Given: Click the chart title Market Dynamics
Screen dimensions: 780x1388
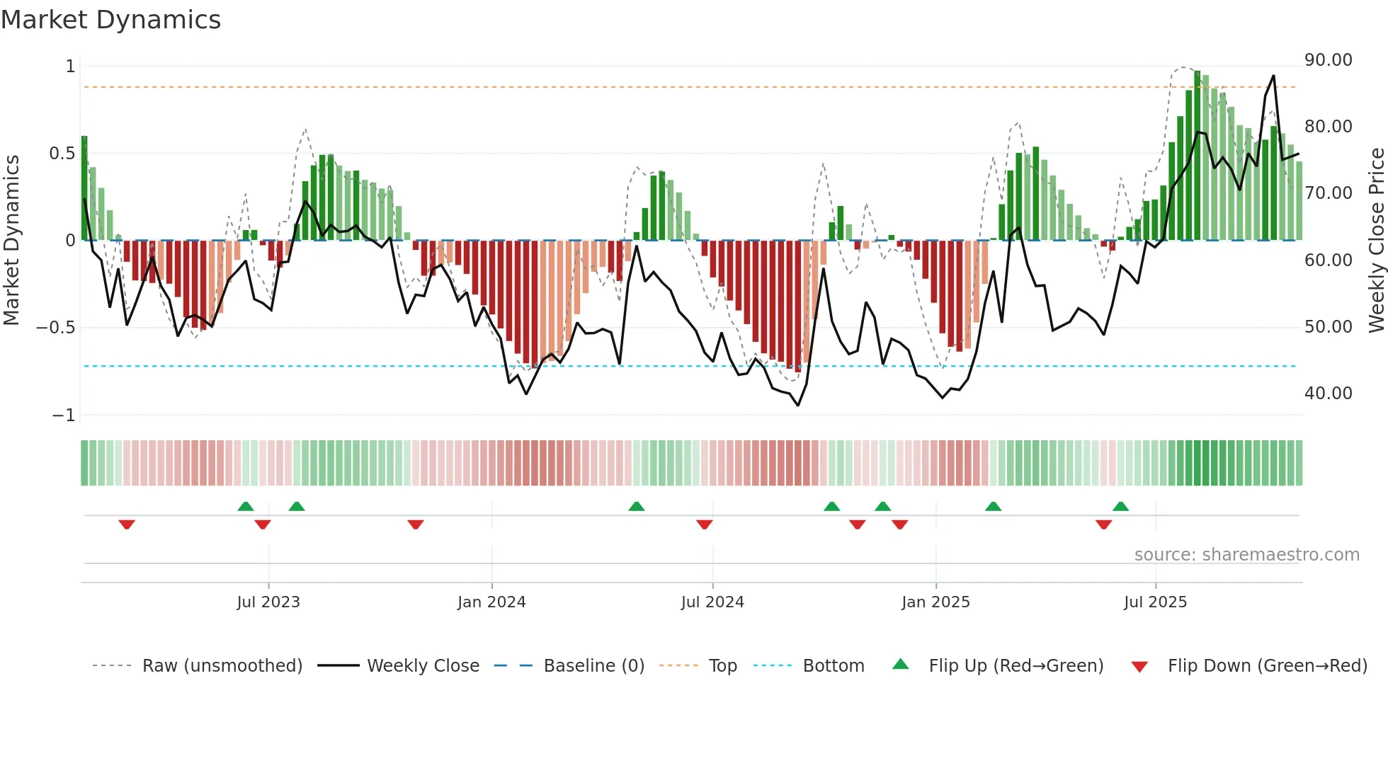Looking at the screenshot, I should coord(111,20).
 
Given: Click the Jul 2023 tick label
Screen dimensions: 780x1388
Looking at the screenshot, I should coord(268,602).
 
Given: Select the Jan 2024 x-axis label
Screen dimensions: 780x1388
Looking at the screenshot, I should coord(491,602).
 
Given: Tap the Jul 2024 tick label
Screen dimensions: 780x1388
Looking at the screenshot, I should coord(712,602).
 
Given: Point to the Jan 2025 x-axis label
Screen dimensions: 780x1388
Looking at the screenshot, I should coord(935,602).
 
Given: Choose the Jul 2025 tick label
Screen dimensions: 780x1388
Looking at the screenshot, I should coord(1155,602).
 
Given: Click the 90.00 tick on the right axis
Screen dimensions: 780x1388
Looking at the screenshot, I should coord(1329,60).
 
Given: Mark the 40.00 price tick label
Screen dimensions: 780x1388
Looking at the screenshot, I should coord(1329,394).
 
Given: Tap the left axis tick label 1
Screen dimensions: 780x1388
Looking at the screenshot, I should coord(70,67).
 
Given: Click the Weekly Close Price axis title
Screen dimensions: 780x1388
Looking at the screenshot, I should coord(1376,240).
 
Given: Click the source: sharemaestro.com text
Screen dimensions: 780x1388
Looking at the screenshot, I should coord(1246,555).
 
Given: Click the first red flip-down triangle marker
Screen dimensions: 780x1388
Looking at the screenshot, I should coord(127,524).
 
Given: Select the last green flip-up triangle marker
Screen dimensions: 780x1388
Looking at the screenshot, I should coord(1120,506).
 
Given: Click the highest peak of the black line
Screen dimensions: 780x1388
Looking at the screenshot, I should coord(1273,76).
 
